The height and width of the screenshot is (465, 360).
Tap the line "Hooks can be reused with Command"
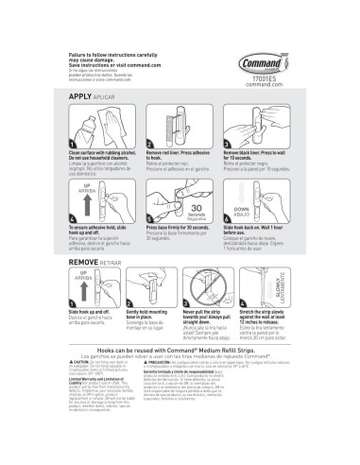point(179,374)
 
